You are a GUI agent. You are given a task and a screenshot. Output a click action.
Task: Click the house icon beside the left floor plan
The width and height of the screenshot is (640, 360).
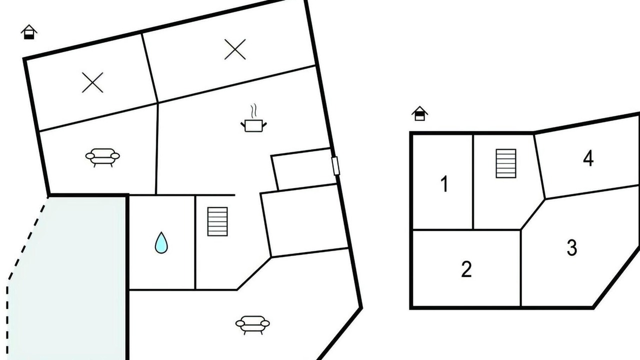click(29, 32)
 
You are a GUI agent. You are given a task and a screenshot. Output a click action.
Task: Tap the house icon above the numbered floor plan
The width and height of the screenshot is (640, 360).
click(419, 113)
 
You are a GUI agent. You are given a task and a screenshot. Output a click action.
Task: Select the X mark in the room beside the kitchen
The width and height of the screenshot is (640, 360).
click(235, 49)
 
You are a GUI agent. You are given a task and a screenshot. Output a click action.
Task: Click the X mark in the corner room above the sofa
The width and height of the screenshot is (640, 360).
click(92, 82)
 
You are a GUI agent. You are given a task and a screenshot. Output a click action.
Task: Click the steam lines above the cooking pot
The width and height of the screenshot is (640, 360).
click(253, 111)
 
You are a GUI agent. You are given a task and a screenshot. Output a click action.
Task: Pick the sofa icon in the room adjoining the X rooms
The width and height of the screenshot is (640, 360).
click(102, 157)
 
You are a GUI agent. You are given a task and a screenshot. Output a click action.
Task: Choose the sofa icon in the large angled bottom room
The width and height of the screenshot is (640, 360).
click(252, 324)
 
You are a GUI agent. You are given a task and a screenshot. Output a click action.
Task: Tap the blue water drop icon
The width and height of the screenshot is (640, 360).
click(161, 242)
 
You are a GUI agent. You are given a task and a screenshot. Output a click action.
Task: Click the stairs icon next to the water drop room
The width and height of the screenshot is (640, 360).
click(217, 221)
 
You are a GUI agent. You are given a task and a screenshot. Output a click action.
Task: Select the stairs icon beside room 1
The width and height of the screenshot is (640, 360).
click(506, 163)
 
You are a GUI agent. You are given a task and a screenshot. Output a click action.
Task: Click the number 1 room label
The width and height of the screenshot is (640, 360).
click(444, 184)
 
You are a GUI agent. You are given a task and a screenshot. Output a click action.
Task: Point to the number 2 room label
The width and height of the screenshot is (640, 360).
click(466, 269)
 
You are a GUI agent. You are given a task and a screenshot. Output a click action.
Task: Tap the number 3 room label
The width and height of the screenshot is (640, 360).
click(572, 247)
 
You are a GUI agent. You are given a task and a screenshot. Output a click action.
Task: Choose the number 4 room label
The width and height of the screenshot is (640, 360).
click(588, 158)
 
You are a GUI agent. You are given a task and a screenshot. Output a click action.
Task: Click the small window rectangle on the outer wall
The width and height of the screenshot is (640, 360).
click(335, 165)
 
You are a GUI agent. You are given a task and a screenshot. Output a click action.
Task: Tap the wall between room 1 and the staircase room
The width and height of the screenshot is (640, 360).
click(473, 181)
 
